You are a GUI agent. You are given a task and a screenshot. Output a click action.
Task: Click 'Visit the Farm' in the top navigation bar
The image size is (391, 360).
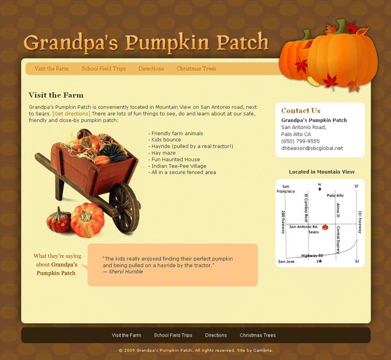tap(51, 69)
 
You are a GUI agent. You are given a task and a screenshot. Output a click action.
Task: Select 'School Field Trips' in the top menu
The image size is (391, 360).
tap(104, 69)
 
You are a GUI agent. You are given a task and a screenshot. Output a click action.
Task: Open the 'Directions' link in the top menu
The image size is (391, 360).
tap(151, 69)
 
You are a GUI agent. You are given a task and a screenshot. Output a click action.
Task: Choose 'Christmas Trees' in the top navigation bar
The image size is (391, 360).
tap(196, 69)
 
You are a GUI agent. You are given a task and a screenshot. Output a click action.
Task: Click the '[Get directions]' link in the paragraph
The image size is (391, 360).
tap(71, 114)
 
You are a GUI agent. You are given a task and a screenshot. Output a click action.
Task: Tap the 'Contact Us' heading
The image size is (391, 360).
tap(301, 111)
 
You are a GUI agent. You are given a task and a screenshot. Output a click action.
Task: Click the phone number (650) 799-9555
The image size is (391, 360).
tap(301, 141)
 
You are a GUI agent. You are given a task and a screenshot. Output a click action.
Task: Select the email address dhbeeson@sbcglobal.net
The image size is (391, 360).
tap(312, 148)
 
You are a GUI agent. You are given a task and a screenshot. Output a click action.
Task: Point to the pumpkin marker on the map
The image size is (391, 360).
tap(325, 228)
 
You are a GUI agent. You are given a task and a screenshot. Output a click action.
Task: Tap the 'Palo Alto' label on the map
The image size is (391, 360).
tap(335, 195)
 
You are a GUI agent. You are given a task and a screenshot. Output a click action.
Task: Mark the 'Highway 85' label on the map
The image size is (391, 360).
tap(313, 255)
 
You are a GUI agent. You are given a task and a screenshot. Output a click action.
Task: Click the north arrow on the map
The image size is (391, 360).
tap(320, 188)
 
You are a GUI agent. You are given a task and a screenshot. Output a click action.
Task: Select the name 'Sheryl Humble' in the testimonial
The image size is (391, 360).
tap(126, 272)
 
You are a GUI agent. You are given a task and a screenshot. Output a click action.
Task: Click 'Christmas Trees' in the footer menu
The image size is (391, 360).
tap(258, 336)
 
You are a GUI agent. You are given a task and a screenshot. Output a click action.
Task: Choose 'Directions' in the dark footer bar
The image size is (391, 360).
tap(216, 336)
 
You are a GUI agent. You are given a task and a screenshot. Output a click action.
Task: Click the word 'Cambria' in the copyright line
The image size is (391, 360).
tap(261, 350)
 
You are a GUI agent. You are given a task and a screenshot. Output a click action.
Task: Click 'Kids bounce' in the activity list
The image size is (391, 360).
tap(166, 140)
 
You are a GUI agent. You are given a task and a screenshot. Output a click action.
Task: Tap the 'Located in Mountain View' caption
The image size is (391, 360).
tap(322, 172)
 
